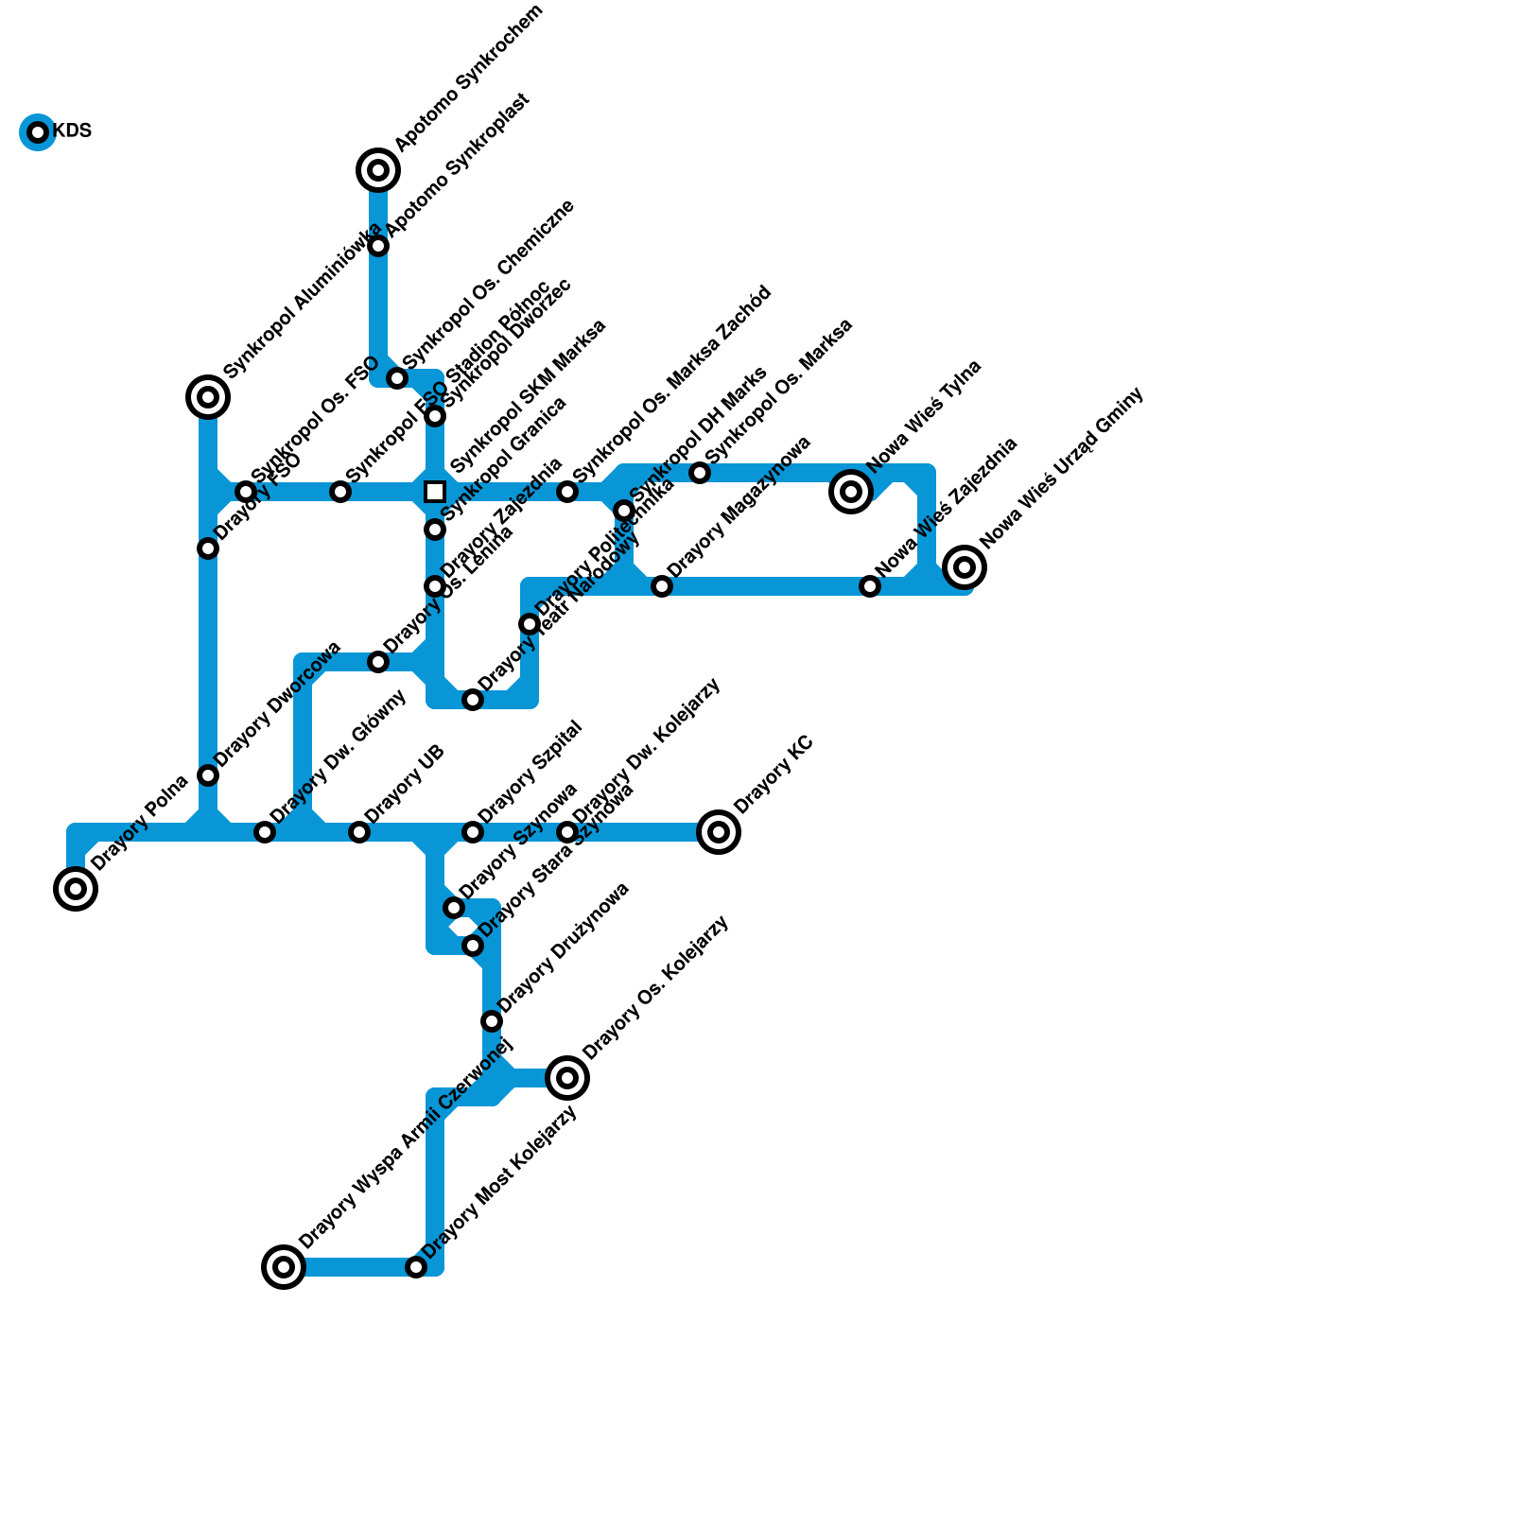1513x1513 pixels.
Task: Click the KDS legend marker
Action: tap(38, 132)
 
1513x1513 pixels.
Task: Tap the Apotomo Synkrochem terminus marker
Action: tap(378, 170)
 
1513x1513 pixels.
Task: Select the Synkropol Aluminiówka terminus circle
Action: tap(208, 397)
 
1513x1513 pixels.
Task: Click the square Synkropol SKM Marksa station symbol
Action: tap(435, 492)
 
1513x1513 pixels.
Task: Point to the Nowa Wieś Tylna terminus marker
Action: tap(851, 492)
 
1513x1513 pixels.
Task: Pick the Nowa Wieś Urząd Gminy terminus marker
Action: tap(965, 567)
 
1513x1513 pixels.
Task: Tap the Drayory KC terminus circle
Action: tap(719, 832)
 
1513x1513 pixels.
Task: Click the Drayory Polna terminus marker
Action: tap(76, 889)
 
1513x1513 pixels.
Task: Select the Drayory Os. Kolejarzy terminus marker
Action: tap(567, 1078)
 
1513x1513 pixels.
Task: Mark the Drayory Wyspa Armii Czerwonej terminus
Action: tap(284, 1267)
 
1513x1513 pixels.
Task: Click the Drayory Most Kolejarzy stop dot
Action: tap(416, 1267)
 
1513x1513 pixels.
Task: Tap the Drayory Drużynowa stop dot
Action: tap(492, 1021)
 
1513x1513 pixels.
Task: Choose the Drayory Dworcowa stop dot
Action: tap(208, 775)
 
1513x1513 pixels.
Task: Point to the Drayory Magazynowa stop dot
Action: tap(662, 586)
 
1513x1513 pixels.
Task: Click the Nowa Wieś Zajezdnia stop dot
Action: tap(870, 586)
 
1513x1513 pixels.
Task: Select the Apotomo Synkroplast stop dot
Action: tap(378, 246)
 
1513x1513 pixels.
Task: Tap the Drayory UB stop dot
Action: tap(359, 832)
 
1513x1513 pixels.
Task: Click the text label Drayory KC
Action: tap(774, 774)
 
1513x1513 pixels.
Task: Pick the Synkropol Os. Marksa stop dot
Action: tap(700, 473)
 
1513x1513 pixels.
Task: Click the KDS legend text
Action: tap(73, 131)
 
